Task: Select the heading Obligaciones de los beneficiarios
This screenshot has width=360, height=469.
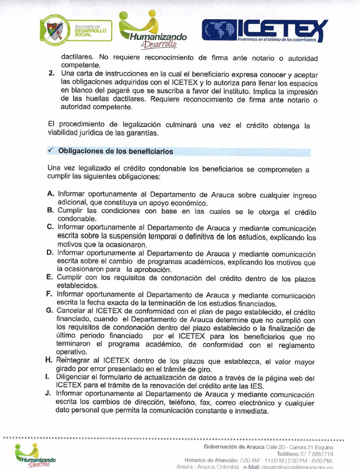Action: tap(116, 151)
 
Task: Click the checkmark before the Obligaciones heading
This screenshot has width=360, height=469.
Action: tap(51, 151)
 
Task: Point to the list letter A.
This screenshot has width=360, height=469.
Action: tap(51, 194)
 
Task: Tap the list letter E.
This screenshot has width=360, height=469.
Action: tap(50, 277)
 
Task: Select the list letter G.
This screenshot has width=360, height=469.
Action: tap(50, 310)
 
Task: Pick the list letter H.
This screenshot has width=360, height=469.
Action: tap(50, 360)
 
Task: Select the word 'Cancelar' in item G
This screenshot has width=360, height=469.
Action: tap(73, 310)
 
